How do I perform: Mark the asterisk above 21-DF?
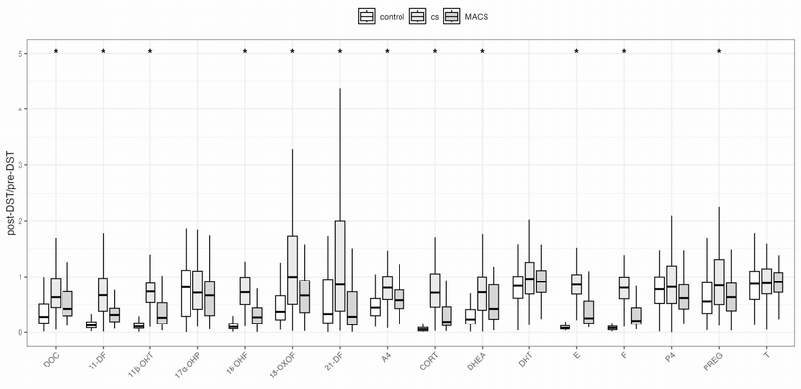pyautogui.click(x=340, y=51)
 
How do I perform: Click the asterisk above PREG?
pyautogui.click(x=719, y=51)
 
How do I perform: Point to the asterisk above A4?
pyautogui.click(x=387, y=51)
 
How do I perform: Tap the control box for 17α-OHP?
pyautogui.click(x=186, y=292)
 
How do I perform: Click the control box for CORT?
pyautogui.click(x=422, y=329)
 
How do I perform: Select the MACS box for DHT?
pyautogui.click(x=541, y=281)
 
